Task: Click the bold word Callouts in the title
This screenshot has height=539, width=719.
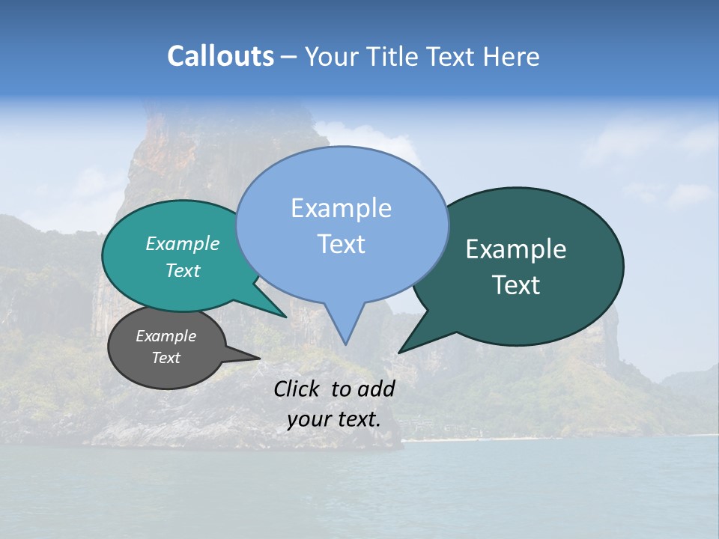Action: [221, 56]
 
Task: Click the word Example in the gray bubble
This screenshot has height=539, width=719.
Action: [166, 336]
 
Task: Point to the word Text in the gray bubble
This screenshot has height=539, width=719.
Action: [166, 358]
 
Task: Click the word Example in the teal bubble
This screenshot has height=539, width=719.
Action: [183, 243]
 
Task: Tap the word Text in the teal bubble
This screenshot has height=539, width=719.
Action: [183, 270]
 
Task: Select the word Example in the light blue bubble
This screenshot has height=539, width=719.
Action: [341, 208]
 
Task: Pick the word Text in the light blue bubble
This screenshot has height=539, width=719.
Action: [341, 244]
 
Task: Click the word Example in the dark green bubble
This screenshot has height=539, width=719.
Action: [516, 249]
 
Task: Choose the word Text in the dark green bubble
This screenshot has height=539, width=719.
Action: [516, 285]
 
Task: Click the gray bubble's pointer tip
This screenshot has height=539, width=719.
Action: [259, 358]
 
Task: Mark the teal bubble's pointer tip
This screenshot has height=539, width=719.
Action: [285, 317]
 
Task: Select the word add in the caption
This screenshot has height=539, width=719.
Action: [376, 389]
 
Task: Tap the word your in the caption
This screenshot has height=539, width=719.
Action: [309, 419]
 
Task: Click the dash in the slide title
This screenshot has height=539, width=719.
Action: [289, 56]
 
